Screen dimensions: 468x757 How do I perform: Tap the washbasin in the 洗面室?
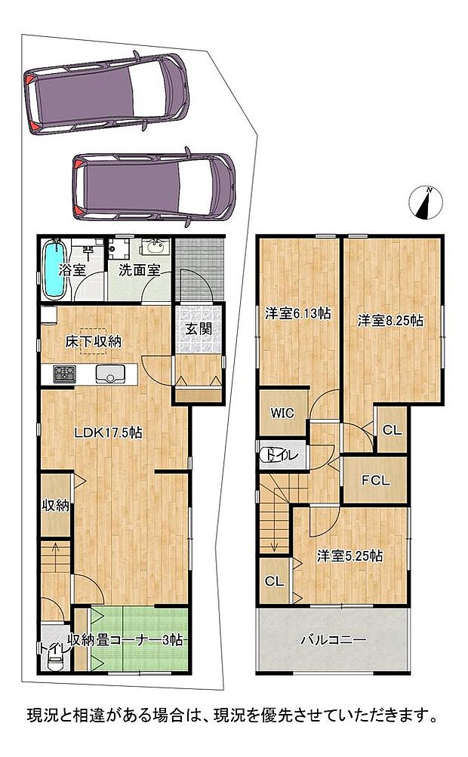click(x=155, y=248)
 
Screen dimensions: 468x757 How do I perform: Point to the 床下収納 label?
click(x=93, y=342)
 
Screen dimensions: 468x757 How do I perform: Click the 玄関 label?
click(x=199, y=329)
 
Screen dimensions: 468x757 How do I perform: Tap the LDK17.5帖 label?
click(x=108, y=432)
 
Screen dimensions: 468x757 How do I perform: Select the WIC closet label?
click(x=282, y=414)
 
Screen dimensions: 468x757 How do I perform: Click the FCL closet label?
click(x=376, y=480)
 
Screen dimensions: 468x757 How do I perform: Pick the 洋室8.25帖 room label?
click(x=390, y=321)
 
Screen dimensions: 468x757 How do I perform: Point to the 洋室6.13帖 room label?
click(x=298, y=313)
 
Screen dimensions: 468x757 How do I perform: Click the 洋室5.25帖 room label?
click(x=349, y=556)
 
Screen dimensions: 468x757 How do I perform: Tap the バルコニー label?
click(x=333, y=640)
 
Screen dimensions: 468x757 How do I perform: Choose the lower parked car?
click(x=153, y=187)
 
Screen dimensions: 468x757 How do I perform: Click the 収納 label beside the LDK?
click(x=55, y=506)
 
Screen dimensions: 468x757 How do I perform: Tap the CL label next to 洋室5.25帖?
click(x=274, y=582)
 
